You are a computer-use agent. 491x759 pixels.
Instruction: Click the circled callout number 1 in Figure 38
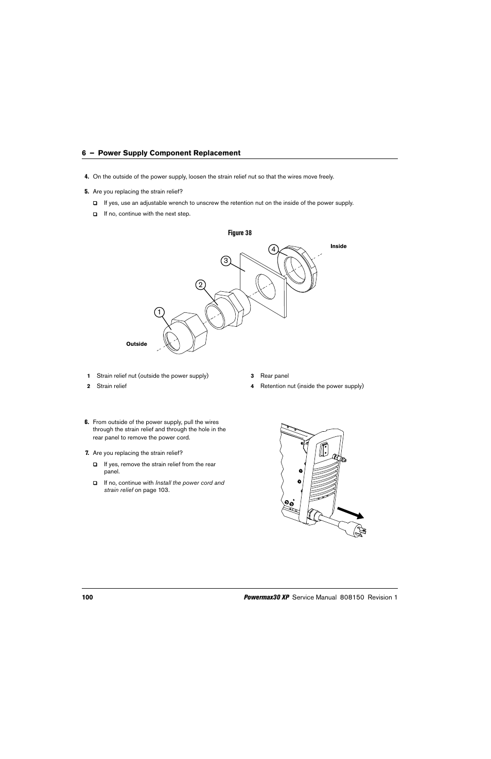click(x=160, y=312)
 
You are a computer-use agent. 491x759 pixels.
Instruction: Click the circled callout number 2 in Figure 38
click(x=200, y=285)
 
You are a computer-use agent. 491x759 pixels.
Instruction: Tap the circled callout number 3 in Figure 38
click(x=225, y=260)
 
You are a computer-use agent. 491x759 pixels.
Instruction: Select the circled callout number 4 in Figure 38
click(x=274, y=250)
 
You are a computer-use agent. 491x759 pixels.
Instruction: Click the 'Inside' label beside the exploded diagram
click(x=338, y=246)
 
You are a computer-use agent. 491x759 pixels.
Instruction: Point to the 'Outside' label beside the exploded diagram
click(x=136, y=344)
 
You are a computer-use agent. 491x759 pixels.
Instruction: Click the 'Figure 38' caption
click(x=240, y=233)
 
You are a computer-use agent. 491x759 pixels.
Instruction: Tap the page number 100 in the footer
click(x=87, y=597)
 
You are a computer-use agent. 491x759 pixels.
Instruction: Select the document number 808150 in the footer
click(x=352, y=597)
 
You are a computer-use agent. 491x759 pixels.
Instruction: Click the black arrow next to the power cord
click(x=351, y=513)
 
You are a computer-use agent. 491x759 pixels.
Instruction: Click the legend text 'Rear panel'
click(x=274, y=376)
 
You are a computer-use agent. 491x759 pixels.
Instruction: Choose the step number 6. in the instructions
click(x=87, y=422)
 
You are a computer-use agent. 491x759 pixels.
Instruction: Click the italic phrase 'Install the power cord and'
click(x=190, y=483)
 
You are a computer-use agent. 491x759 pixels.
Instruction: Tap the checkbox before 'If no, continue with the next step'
click(x=95, y=214)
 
